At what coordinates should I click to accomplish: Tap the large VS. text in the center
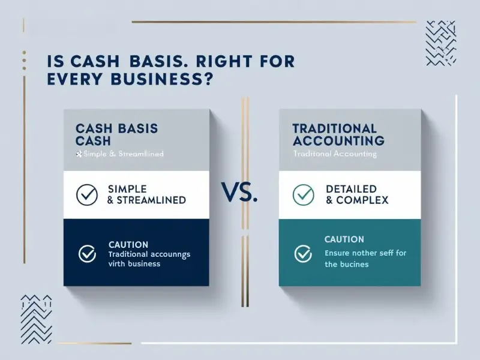coord(240,193)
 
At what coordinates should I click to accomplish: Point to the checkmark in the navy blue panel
coord(88,254)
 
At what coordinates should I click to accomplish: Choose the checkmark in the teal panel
coord(303,254)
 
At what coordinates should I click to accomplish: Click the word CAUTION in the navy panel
coord(128,245)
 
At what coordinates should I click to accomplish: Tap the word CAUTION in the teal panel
coord(344,239)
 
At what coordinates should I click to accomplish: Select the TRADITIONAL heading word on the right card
coord(335,128)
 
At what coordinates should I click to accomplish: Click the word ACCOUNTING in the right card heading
coord(338,141)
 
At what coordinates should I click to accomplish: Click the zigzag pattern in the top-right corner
coord(441,43)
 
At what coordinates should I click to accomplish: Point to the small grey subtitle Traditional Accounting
coord(335,154)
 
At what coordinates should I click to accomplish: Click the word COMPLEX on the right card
coord(365,200)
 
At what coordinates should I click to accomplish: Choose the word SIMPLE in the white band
coord(129,189)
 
